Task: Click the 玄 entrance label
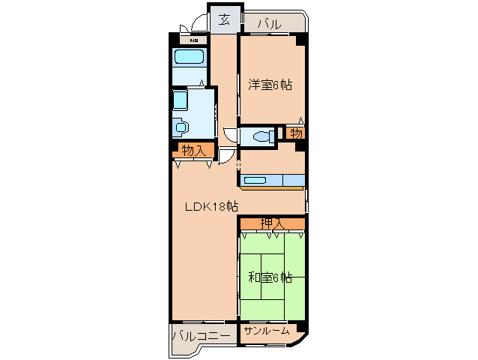point(225,20)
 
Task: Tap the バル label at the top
point(269,24)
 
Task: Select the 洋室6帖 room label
point(270,85)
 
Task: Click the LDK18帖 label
point(211,207)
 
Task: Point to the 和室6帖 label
point(270,277)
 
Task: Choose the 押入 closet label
point(272,223)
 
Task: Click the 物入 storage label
point(194,151)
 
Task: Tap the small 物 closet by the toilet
point(296,133)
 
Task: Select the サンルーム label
point(267,331)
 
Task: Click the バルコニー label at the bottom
point(202,336)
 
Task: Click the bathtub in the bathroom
point(189,57)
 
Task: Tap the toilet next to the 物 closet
point(264,136)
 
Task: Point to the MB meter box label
point(193,40)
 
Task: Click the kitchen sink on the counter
point(255,180)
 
